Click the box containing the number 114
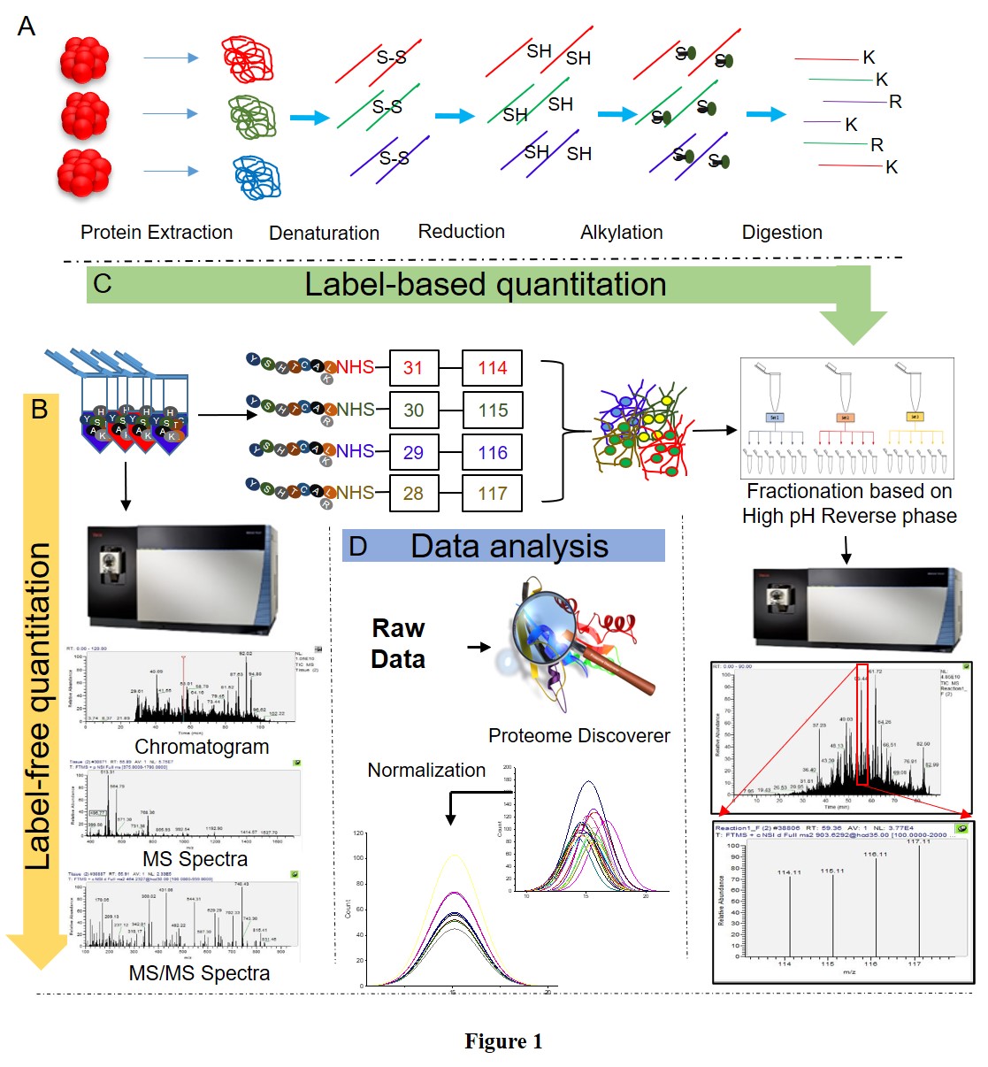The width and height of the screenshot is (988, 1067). [x=492, y=368]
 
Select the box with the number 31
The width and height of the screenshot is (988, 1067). [x=413, y=368]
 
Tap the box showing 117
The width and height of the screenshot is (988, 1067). [x=492, y=494]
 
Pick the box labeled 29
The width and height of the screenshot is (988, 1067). [x=413, y=452]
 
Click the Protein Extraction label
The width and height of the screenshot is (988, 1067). [x=157, y=233]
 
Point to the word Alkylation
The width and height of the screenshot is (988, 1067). [x=621, y=233]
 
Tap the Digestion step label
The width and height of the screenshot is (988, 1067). [x=782, y=233]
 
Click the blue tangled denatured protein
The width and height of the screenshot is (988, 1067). [x=257, y=177]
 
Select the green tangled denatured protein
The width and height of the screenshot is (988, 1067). [x=253, y=117]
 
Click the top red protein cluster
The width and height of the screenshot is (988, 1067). [x=84, y=60]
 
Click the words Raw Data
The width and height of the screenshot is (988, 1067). [x=398, y=644]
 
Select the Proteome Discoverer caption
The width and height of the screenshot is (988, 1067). [x=578, y=736]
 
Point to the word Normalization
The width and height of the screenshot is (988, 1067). [x=426, y=771]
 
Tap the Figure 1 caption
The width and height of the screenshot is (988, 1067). [x=503, y=1041]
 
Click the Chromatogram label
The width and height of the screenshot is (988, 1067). [x=202, y=747]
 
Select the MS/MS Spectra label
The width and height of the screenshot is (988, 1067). [x=199, y=973]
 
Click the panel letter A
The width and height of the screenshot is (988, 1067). [x=27, y=27]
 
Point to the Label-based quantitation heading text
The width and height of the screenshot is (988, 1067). [x=485, y=285]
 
